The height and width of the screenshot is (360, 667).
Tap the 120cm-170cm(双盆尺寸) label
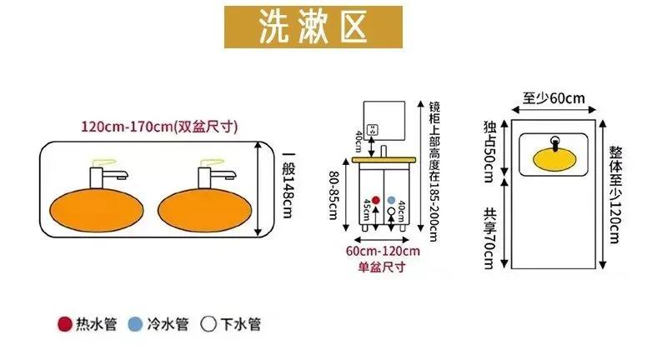tap(159, 127)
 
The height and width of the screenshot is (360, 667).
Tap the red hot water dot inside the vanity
tap(375, 201)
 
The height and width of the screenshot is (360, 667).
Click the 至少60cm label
tap(554, 98)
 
